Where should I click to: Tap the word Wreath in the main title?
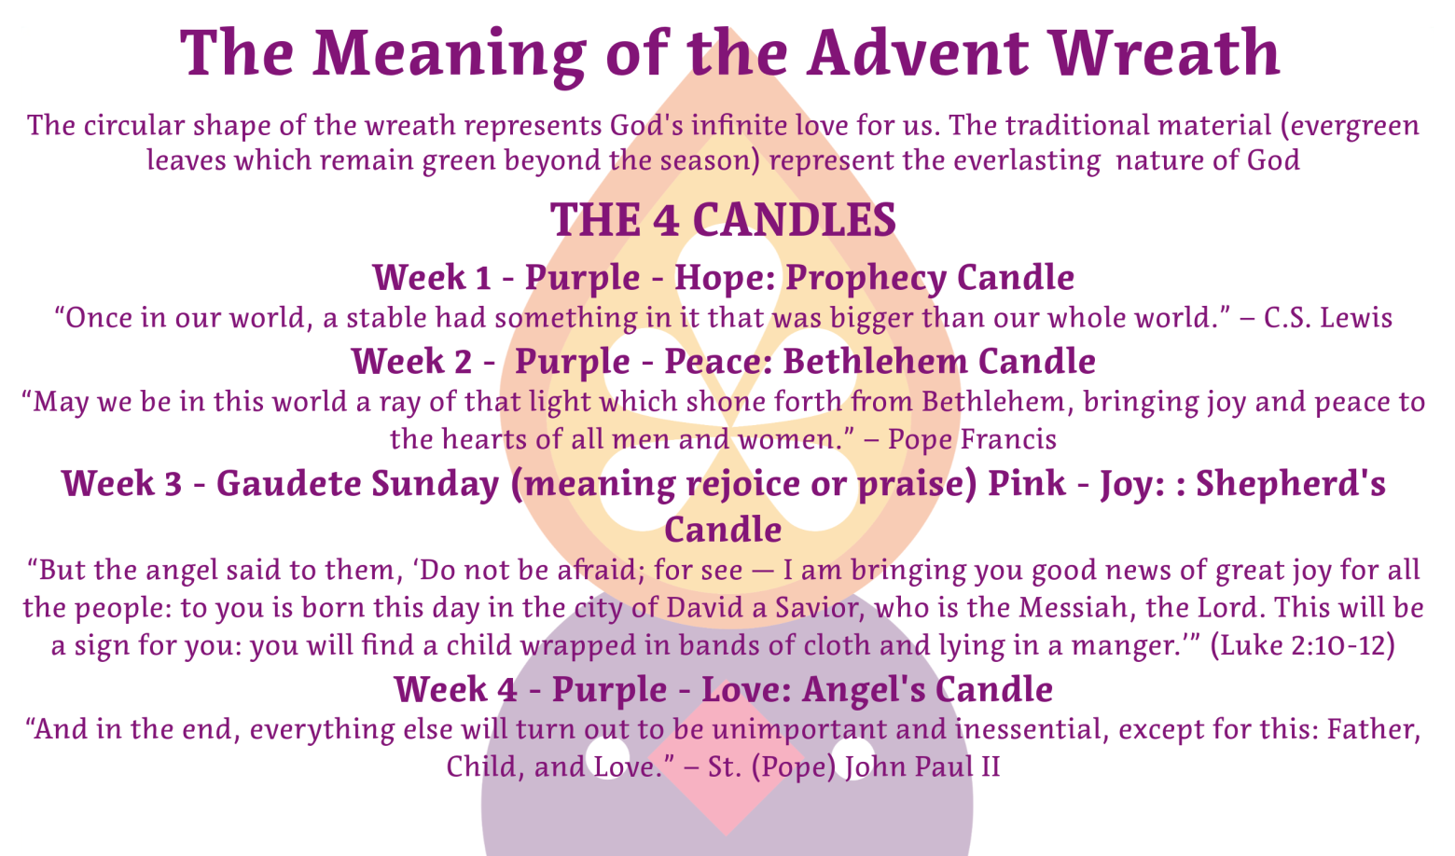tap(1165, 52)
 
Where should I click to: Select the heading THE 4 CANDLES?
tap(723, 219)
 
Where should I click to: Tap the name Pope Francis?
tap(972, 439)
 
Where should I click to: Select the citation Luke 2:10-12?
tap(1303, 645)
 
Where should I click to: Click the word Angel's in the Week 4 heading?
tap(864, 690)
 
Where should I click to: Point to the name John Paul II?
tap(922, 766)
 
